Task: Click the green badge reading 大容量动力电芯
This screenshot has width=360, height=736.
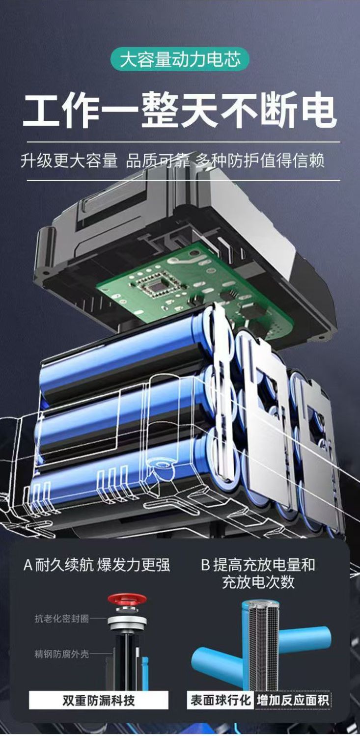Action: pyautogui.click(x=180, y=59)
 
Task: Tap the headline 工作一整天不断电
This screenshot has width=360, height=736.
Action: pyautogui.click(x=180, y=111)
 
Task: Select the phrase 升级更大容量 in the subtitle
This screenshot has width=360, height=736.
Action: pyautogui.click(x=69, y=161)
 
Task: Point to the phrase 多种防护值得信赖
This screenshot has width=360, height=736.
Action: pyautogui.click(x=260, y=161)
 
